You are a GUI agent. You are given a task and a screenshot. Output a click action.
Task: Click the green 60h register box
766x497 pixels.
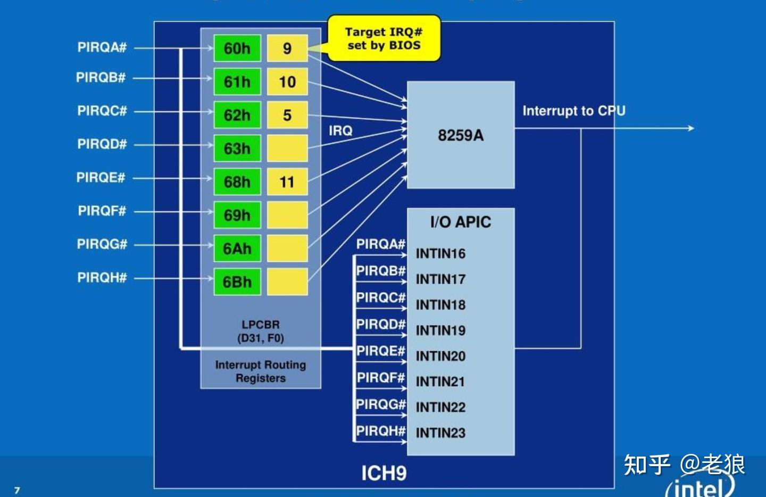click(x=237, y=48)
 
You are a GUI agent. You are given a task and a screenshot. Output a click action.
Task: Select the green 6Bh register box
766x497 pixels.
click(x=237, y=282)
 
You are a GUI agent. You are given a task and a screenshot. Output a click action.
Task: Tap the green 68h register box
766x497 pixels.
click(x=237, y=181)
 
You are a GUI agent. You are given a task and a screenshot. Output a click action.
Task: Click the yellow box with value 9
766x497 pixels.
click(x=287, y=48)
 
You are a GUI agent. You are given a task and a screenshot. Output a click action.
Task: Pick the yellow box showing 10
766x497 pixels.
click(x=287, y=82)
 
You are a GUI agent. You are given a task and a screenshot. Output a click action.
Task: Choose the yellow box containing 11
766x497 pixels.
click(x=287, y=181)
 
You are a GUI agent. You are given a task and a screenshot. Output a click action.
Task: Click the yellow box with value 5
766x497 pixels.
click(x=287, y=115)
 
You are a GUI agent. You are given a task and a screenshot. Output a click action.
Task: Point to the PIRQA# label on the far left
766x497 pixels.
click(x=102, y=47)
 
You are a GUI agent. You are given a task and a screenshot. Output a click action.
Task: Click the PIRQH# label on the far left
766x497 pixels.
click(x=102, y=277)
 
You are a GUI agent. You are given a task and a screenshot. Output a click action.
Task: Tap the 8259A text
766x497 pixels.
click(x=461, y=135)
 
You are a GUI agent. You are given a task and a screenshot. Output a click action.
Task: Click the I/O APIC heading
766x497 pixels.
click(x=461, y=222)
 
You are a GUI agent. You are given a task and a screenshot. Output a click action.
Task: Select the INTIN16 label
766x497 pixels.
click(x=440, y=253)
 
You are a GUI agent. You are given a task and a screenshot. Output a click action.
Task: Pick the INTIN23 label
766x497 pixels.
click(x=440, y=433)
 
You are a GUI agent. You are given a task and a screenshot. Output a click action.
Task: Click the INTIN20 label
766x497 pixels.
click(x=440, y=356)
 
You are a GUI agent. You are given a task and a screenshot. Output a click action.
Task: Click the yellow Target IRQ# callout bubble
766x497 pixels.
click(x=384, y=38)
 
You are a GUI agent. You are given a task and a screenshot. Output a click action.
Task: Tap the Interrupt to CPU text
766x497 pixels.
click(x=574, y=111)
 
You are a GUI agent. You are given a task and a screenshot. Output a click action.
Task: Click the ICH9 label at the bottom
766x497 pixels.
click(x=384, y=473)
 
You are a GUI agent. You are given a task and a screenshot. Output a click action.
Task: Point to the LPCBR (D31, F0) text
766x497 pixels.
click(x=261, y=331)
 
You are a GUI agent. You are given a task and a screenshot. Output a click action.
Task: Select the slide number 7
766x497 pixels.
click(x=17, y=491)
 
